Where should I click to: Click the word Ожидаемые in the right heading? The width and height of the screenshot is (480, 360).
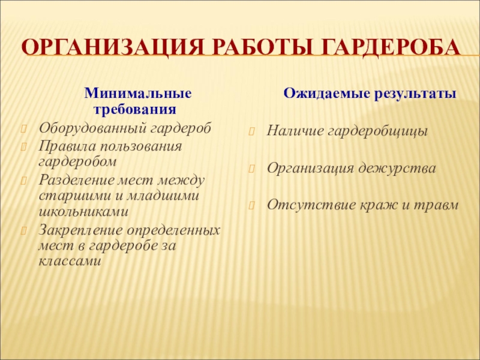click(317, 94)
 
